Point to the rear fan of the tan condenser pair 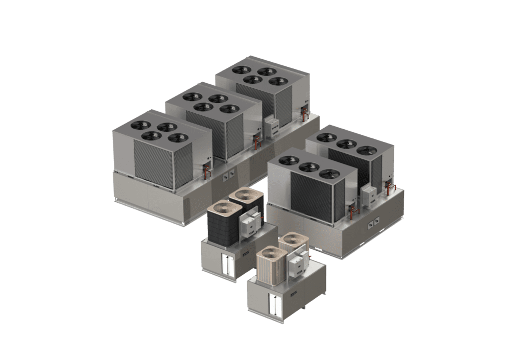(293, 239)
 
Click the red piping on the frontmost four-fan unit (207, 170)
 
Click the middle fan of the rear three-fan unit (346, 144)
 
